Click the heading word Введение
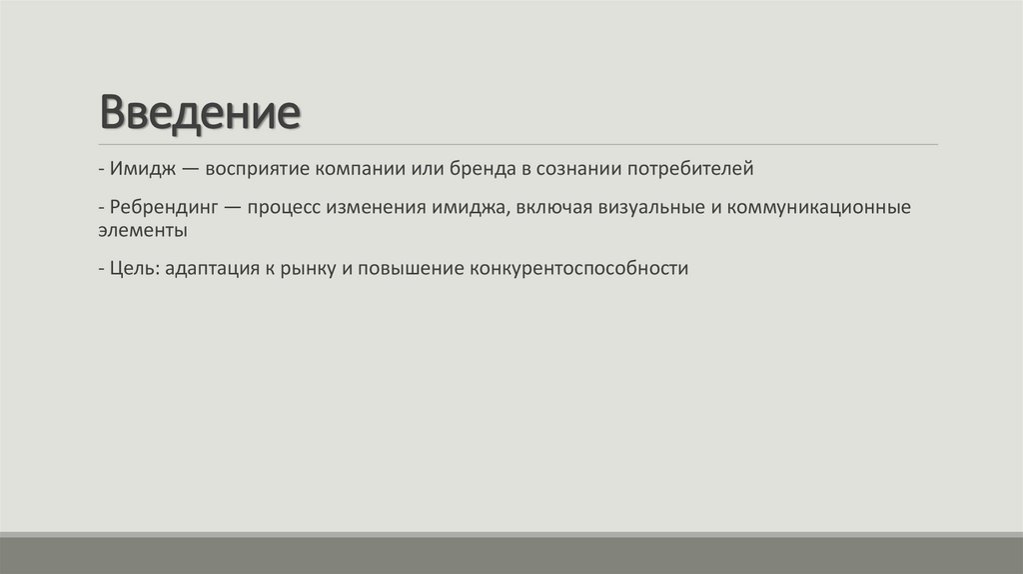[200, 113]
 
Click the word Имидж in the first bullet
[142, 168]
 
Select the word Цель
[134, 269]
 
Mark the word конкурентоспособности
[574, 269]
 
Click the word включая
[546, 208]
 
